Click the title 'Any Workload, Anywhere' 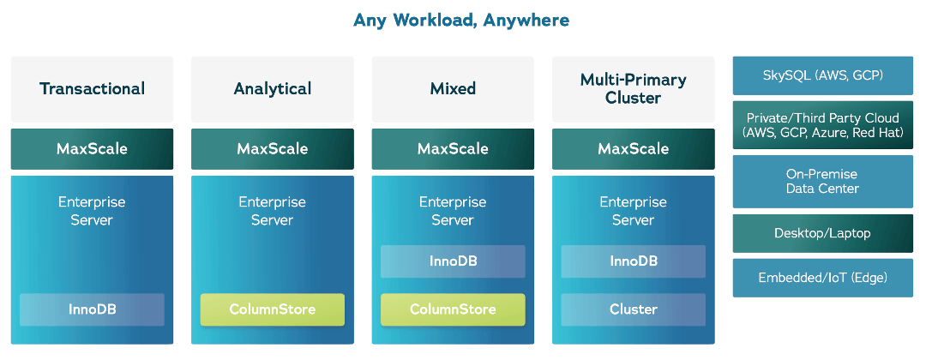pyautogui.click(x=461, y=20)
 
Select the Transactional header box pyautogui.click(x=92, y=88)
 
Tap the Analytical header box pyautogui.click(x=272, y=88)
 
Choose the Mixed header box pyautogui.click(x=453, y=88)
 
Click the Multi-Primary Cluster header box pyautogui.click(x=633, y=88)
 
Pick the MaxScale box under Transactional pyautogui.click(x=92, y=148)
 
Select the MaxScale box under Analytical pyautogui.click(x=272, y=148)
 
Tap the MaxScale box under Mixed pyautogui.click(x=453, y=148)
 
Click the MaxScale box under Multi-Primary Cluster pyautogui.click(x=633, y=148)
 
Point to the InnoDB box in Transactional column pyautogui.click(x=92, y=309)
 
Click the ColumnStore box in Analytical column pyautogui.click(x=272, y=309)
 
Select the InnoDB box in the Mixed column pyautogui.click(x=453, y=261)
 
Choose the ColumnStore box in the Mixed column pyautogui.click(x=453, y=309)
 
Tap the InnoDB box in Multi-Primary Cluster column pyautogui.click(x=633, y=261)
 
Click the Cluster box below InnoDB pyautogui.click(x=633, y=309)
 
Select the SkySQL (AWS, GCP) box pyautogui.click(x=822, y=75)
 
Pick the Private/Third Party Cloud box pyautogui.click(x=822, y=125)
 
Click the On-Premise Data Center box pyautogui.click(x=822, y=181)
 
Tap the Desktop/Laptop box pyautogui.click(x=822, y=232)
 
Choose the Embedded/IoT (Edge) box pyautogui.click(x=822, y=278)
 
